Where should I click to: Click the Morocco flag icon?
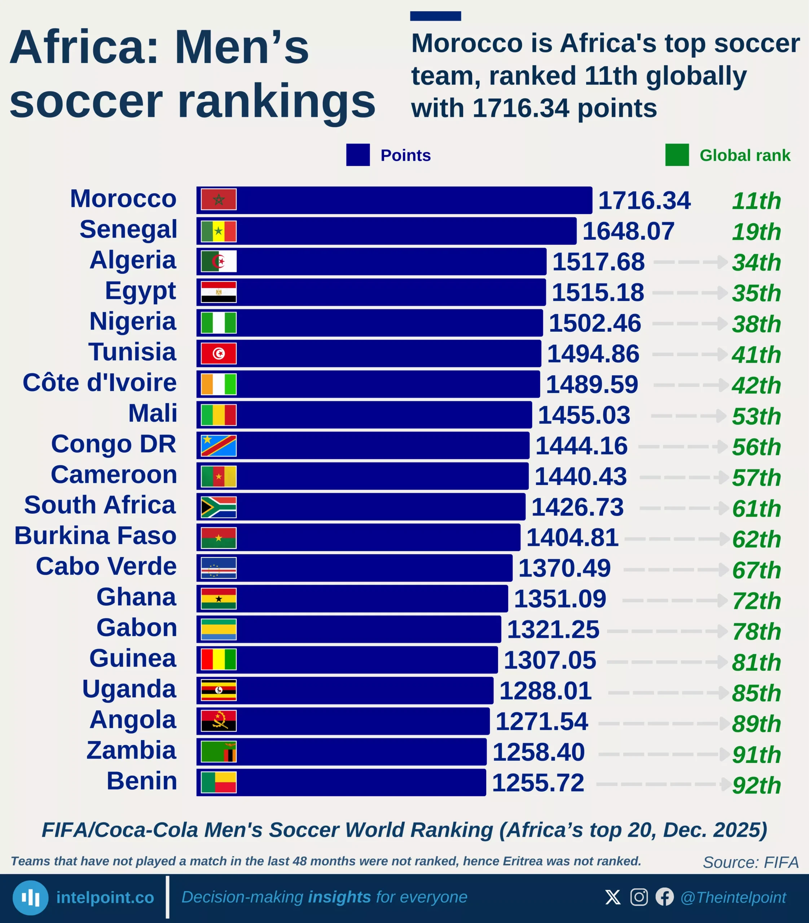point(219,199)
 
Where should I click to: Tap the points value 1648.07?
point(628,231)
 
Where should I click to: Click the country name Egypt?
point(140,291)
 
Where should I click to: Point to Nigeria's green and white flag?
point(219,323)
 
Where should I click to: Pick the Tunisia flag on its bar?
point(219,353)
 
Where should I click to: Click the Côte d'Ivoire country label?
point(100,383)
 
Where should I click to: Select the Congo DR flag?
point(219,446)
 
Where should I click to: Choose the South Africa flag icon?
point(219,507)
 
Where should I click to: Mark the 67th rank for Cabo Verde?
point(756,570)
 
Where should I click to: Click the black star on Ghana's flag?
point(219,599)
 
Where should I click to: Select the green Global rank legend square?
point(677,155)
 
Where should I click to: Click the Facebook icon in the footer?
point(664,897)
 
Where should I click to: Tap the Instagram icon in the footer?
point(639,897)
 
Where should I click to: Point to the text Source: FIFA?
point(750,862)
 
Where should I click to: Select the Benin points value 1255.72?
point(538,783)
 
